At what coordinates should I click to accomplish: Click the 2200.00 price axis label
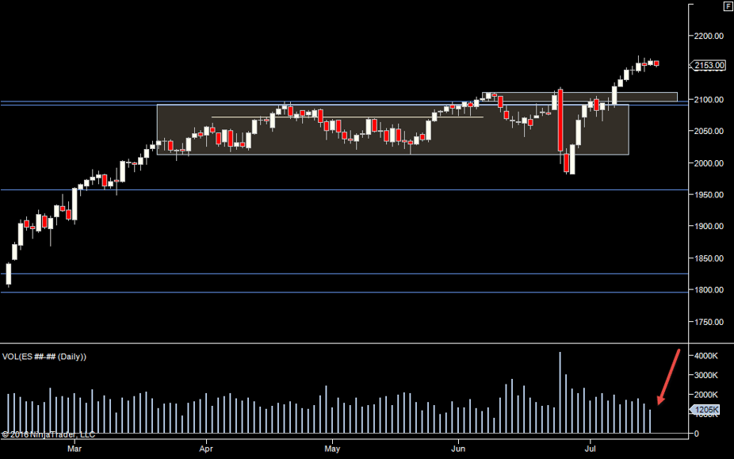pyautogui.click(x=707, y=36)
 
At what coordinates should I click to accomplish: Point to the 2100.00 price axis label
pyautogui.click(x=707, y=99)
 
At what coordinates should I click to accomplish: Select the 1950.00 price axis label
pyautogui.click(x=707, y=195)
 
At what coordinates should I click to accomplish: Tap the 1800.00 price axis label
pyautogui.click(x=707, y=290)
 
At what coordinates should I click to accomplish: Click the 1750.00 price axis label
pyautogui.click(x=707, y=322)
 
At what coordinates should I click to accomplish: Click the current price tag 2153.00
pyautogui.click(x=709, y=66)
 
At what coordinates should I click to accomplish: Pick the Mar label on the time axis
pyautogui.click(x=75, y=448)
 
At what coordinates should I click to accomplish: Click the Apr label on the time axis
pyautogui.click(x=206, y=448)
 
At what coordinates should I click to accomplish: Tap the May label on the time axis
pyautogui.click(x=332, y=448)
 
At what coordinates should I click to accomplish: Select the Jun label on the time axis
pyautogui.click(x=457, y=448)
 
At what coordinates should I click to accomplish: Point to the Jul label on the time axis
pyautogui.click(x=590, y=448)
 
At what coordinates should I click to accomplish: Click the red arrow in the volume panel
pyautogui.click(x=667, y=377)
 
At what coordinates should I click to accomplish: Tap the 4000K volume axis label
pyautogui.click(x=707, y=356)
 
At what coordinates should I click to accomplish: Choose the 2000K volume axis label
pyautogui.click(x=707, y=395)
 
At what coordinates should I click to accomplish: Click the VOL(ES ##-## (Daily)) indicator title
pyautogui.click(x=44, y=357)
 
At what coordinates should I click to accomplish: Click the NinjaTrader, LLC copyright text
pyautogui.click(x=48, y=434)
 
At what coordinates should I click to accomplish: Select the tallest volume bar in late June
pyautogui.click(x=560, y=392)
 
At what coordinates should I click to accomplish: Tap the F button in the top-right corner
pyautogui.click(x=728, y=6)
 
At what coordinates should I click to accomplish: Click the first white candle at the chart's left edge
pyautogui.click(x=9, y=273)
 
